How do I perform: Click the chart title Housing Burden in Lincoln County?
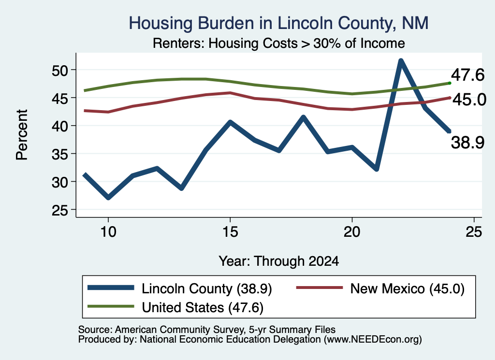[278, 23]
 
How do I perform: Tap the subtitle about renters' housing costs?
[279, 43]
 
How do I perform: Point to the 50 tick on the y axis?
[60, 70]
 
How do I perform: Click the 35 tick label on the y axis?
[60, 154]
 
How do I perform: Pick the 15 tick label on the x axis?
[230, 232]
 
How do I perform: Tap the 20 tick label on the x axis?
[352, 232]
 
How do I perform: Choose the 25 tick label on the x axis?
[474, 232]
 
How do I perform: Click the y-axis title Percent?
[22, 135]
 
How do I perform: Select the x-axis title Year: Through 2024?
[279, 261]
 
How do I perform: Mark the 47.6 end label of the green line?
[467, 75]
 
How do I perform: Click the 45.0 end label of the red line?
[469, 100]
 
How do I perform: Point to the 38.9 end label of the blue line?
[467, 142]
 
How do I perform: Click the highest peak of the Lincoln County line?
[401, 60]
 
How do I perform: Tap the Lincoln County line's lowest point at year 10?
[108, 198]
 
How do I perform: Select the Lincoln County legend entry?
[180, 288]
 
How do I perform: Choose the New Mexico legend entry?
[380, 288]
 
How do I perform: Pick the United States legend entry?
[175, 307]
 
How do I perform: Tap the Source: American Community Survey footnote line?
[207, 330]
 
